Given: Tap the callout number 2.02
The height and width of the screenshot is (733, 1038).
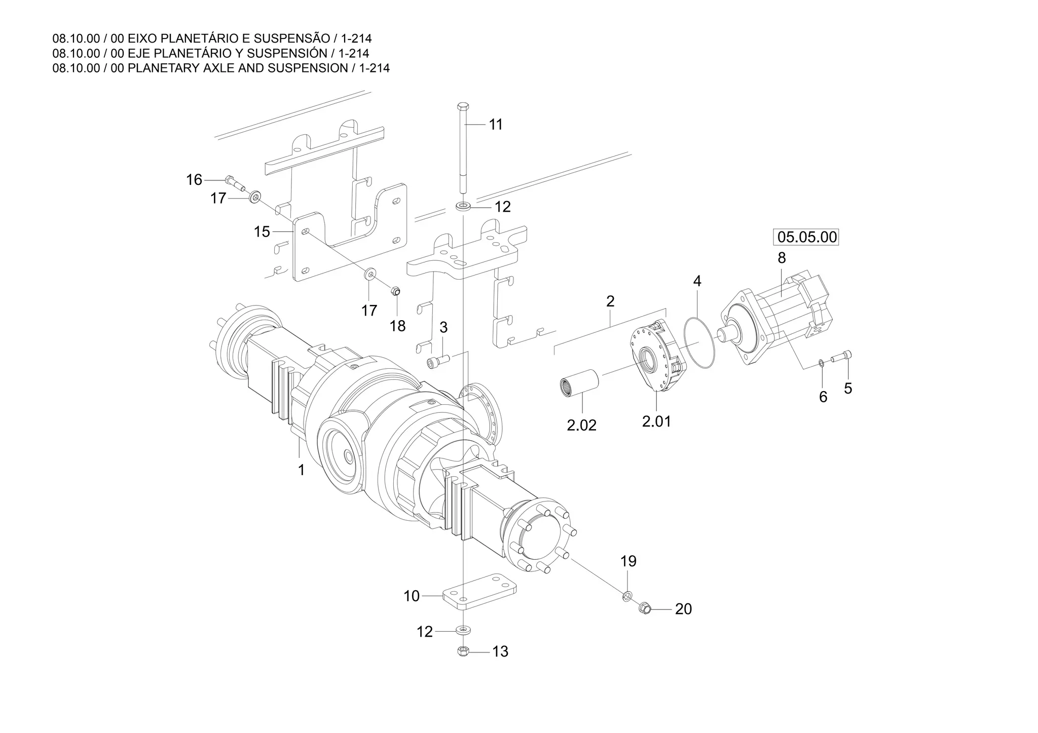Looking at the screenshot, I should [x=581, y=425].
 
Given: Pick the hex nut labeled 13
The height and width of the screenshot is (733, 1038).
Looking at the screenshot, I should [x=462, y=651].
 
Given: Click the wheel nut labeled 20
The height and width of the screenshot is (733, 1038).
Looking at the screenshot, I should [x=645, y=606].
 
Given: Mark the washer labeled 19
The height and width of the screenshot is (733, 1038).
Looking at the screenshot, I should [x=627, y=596].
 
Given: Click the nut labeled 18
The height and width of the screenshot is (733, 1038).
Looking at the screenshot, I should [x=396, y=291].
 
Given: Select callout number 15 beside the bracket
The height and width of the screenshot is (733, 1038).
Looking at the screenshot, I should [x=262, y=232].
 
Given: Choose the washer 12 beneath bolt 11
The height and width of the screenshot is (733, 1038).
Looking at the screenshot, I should [x=463, y=206].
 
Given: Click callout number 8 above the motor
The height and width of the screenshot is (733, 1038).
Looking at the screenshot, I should [x=782, y=258].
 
